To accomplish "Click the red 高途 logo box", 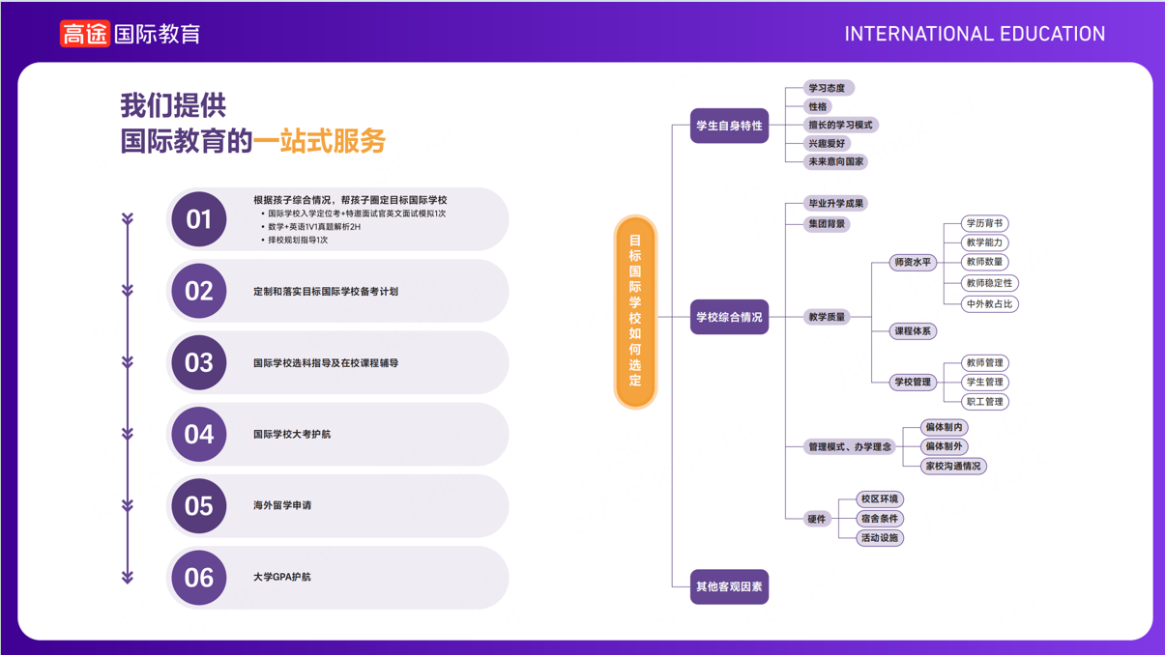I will [85, 34].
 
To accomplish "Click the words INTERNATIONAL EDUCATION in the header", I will [975, 35].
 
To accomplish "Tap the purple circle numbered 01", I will [199, 219].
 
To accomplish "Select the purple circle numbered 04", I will [199, 435].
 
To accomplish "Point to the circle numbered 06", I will [199, 578].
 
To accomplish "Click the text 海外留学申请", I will [282, 505].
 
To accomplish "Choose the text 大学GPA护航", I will [282, 577].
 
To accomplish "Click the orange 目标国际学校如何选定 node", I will [635, 311].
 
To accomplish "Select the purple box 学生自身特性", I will [729, 126].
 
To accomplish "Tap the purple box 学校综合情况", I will [729, 317].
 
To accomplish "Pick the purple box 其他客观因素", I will [729, 586].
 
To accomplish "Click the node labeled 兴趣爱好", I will [827, 143].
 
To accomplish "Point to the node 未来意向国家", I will [835, 161].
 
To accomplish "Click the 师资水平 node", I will [913, 262].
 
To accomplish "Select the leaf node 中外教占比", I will [989, 303].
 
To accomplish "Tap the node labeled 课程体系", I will [913, 331].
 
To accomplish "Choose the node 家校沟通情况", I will [952, 466].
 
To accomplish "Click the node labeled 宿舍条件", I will [879, 519].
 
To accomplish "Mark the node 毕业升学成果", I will [836, 203].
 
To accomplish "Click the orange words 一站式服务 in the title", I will [319, 141].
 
